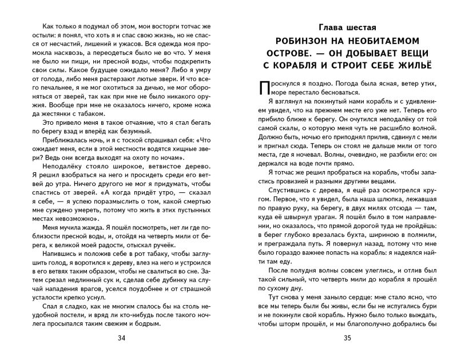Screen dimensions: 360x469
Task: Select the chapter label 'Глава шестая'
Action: [x=347, y=26]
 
